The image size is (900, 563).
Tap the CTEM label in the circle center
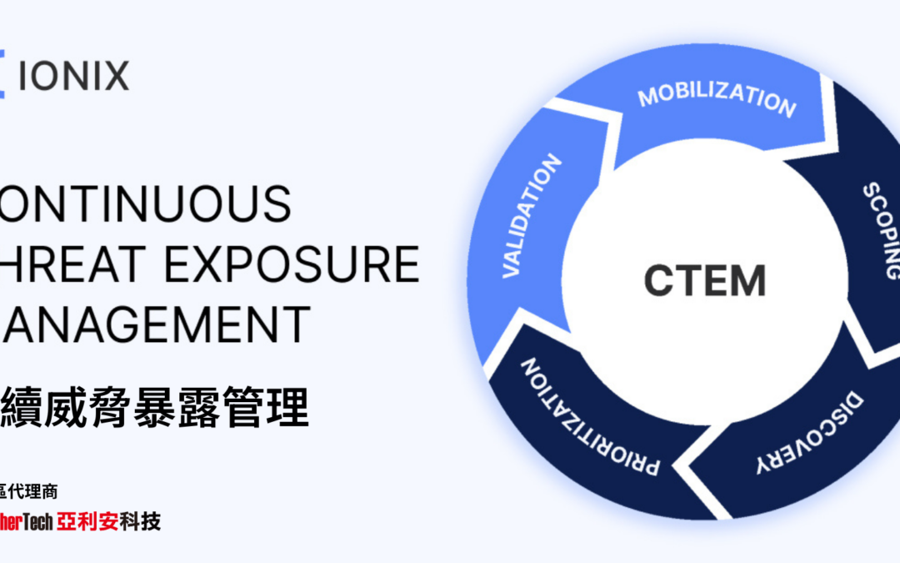[705, 280]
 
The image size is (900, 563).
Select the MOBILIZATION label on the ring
[716, 100]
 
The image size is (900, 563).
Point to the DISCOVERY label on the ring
[808, 435]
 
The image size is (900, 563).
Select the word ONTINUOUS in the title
[146, 204]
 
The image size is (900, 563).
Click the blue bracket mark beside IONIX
[2, 76]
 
